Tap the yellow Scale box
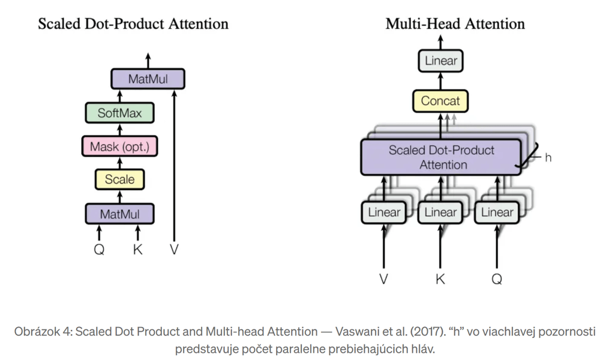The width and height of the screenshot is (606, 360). coord(119,179)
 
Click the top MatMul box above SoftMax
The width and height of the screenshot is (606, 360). coord(148,79)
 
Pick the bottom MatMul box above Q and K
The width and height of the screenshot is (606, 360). coord(119,214)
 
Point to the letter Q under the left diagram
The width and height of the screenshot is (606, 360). coord(99,250)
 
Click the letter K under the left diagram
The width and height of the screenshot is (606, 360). coord(138,250)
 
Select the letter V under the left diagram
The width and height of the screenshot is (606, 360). coord(174,250)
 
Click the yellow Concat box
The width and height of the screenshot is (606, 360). coord(440,101)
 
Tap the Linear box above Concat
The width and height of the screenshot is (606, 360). coord(440,61)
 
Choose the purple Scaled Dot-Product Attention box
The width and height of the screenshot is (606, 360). coord(440,157)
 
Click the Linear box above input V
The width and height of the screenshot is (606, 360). coord(384,212)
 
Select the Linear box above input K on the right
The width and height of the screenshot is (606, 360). coord(440,212)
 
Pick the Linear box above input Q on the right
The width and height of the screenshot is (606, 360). coord(497,212)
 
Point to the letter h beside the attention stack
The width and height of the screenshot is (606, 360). coord(548,158)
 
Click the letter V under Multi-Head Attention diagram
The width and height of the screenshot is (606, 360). coord(384,279)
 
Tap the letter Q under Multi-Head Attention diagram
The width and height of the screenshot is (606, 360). coord(497,279)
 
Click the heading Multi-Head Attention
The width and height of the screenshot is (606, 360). coord(455,24)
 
